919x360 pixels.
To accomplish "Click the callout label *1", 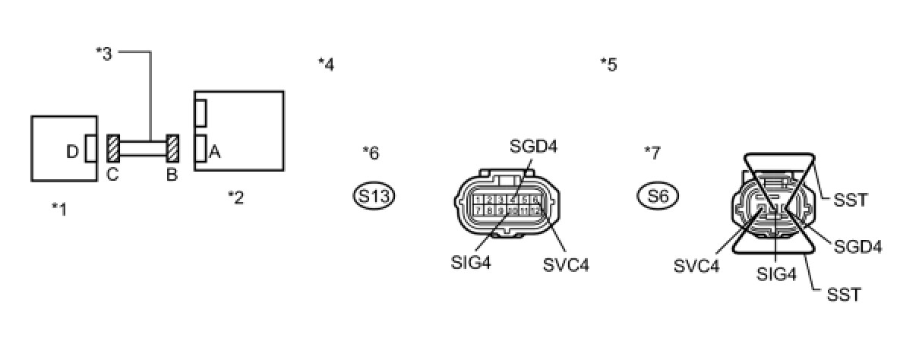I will coord(59,208).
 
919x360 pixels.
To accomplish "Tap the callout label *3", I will coord(104,53).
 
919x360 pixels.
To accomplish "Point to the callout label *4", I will coord(326,65).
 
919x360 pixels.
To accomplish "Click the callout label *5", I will coord(608,65).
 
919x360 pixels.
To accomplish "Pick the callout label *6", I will coord(371,153).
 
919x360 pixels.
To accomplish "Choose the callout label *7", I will coord(652,153).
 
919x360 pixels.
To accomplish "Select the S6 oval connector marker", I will coord(658,197).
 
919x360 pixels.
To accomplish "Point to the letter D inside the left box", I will coord(72,153).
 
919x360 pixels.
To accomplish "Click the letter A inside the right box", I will coord(214,153).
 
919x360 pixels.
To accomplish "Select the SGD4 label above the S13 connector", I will coord(532,146).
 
